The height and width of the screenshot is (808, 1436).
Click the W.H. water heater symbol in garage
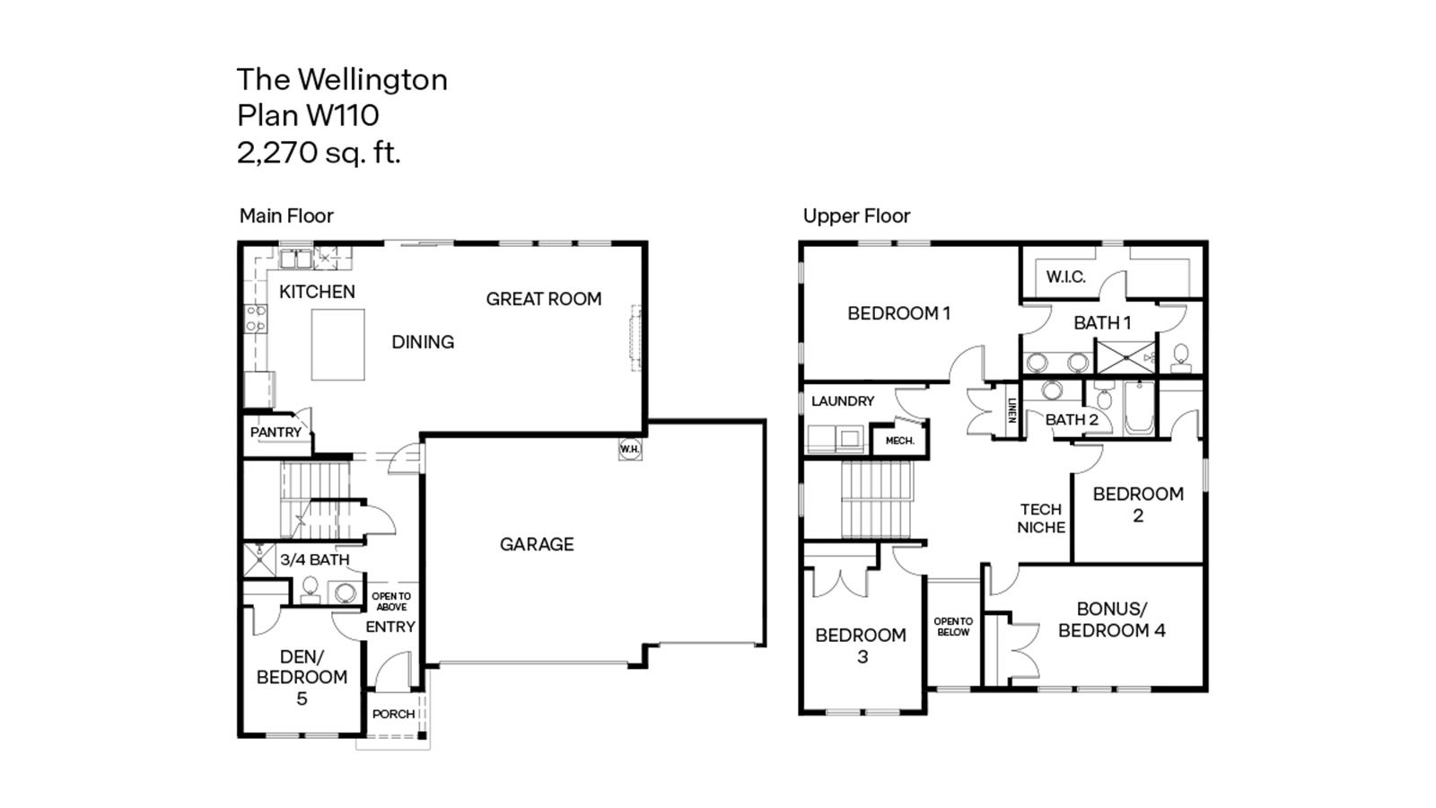pos(630,449)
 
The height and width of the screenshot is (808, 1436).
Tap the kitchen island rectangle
pos(337,345)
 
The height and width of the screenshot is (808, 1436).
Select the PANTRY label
pos(276,433)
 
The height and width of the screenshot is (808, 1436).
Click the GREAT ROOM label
pos(544,299)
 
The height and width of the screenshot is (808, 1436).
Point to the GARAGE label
pos(537,544)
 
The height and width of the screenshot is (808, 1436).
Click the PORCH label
pos(393,714)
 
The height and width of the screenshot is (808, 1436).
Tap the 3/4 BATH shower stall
pos(259,559)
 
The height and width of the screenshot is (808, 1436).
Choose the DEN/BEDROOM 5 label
pos(302,677)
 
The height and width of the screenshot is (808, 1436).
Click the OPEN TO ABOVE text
pos(391,602)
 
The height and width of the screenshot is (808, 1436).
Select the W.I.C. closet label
pos(1065,277)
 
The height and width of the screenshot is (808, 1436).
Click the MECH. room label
pos(899,441)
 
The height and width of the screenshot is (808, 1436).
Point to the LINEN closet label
pos(1011,410)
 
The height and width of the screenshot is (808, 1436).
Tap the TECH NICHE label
pos(1041,518)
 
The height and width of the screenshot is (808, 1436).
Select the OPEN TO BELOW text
pos(953,627)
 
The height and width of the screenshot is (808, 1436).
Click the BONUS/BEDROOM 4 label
pos(1111,619)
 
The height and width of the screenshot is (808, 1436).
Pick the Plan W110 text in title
pos(308,116)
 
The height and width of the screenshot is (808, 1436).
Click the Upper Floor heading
pos(856,216)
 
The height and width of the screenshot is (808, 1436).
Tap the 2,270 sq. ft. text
pos(319,153)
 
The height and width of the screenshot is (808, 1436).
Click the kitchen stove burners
pos(256,319)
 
